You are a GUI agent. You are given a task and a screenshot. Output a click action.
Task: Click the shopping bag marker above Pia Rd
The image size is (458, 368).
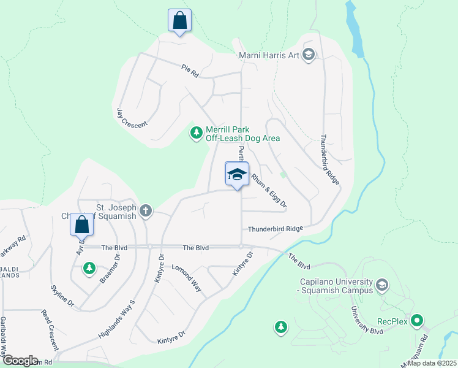tap(179, 20)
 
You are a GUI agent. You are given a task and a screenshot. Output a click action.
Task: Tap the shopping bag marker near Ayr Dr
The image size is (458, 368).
tap(81, 224)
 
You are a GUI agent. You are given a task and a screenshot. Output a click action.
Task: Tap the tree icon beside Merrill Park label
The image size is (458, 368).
tap(196, 132)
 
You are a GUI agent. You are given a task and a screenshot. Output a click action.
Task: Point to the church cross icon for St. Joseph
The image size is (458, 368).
tap(145, 211)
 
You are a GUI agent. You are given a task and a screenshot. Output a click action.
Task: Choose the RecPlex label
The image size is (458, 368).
tap(392, 320)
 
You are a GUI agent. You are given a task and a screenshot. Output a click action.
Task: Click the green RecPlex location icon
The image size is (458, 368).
tap(418, 320)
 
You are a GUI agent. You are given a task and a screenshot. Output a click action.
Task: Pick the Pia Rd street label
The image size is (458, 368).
tap(190, 71)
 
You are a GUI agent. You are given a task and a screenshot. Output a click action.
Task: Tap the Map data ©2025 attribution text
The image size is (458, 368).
tap(431, 363)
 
